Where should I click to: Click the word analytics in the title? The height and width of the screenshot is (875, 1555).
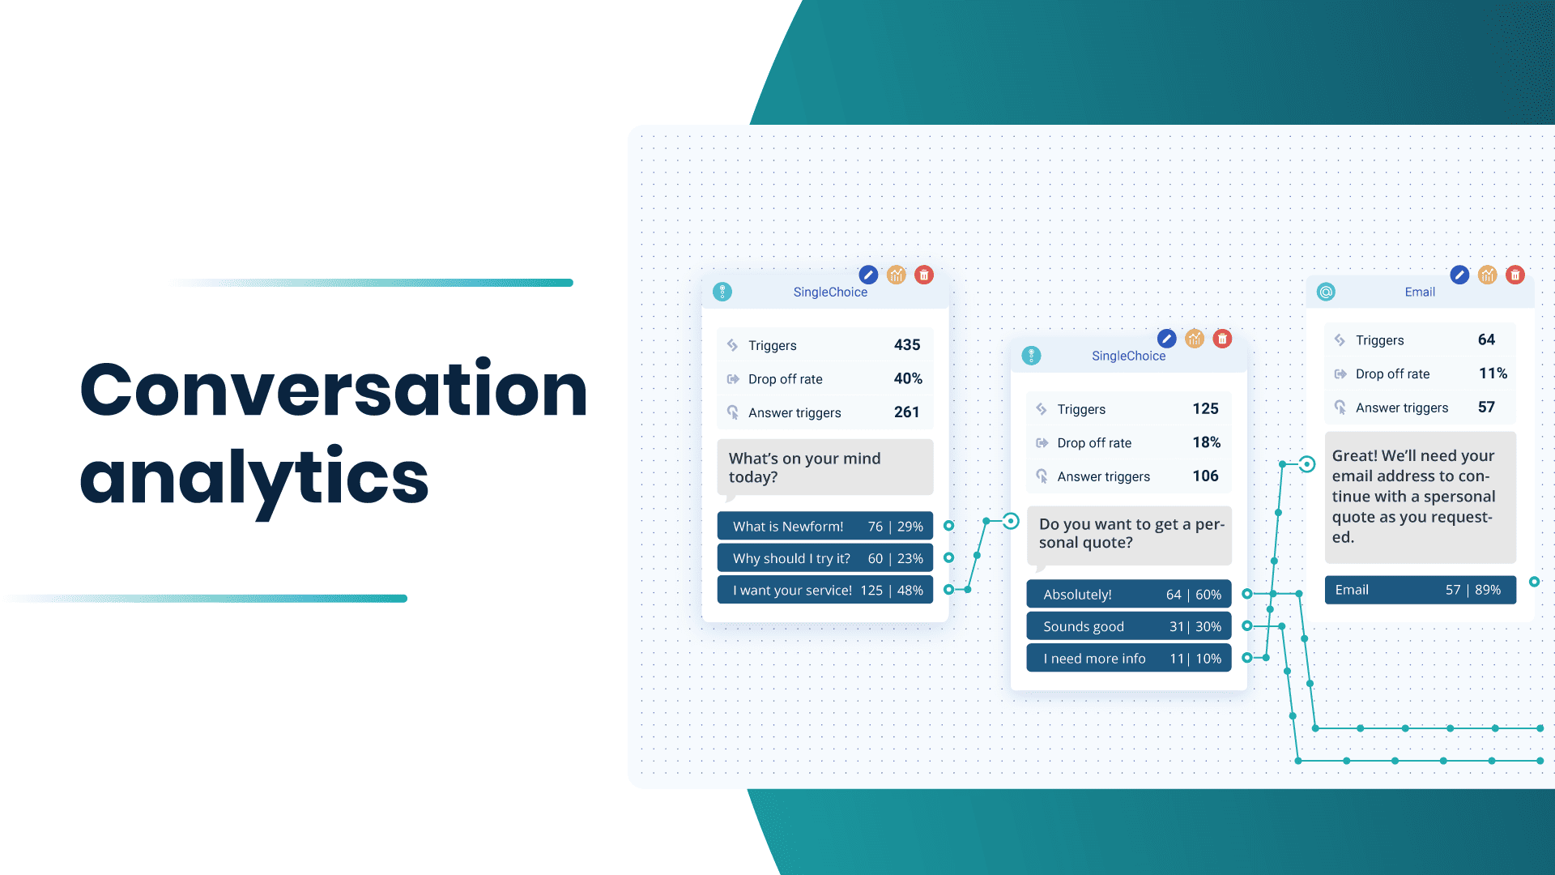tap(254, 478)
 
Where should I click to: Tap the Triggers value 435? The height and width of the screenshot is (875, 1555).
tap(906, 345)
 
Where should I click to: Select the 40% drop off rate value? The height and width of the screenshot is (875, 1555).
tap(907, 378)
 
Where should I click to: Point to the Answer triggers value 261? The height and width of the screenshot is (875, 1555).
tap(906, 412)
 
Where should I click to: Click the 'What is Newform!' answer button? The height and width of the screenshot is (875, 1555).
tap(824, 527)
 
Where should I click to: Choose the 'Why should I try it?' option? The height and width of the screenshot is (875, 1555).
tap(824, 558)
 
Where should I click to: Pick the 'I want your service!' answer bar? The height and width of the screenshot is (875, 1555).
tap(824, 591)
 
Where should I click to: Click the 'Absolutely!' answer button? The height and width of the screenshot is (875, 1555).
tap(1128, 595)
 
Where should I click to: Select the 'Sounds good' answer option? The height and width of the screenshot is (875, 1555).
tap(1128, 626)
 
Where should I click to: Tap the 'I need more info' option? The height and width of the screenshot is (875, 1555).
tap(1128, 659)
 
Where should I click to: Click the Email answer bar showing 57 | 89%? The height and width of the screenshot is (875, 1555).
tap(1420, 590)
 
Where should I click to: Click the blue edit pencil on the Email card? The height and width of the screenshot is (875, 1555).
tap(1459, 275)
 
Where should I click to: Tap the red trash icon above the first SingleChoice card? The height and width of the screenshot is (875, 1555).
tap(924, 275)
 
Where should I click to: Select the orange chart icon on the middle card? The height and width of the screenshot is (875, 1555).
tap(1195, 339)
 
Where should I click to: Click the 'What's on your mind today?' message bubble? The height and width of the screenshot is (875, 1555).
tap(824, 467)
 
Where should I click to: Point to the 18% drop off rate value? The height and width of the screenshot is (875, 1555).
tap(1206, 442)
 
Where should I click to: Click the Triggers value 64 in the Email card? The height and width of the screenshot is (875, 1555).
tap(1486, 340)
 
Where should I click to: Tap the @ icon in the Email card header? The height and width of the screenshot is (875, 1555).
tap(1326, 292)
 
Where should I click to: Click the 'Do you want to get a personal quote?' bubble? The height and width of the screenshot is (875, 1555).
tap(1128, 534)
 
